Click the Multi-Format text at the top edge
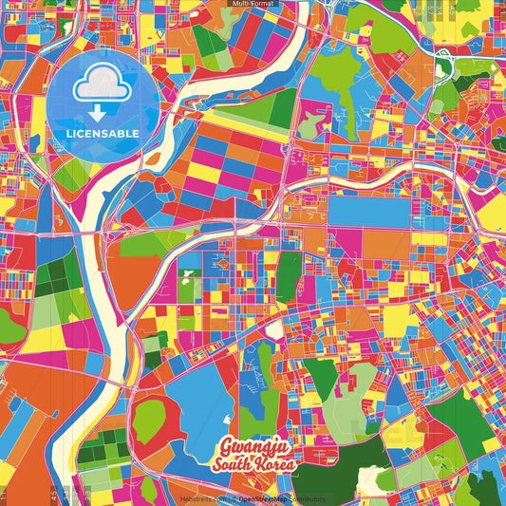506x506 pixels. coord(253,4)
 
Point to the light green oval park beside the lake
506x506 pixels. coord(149,417)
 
